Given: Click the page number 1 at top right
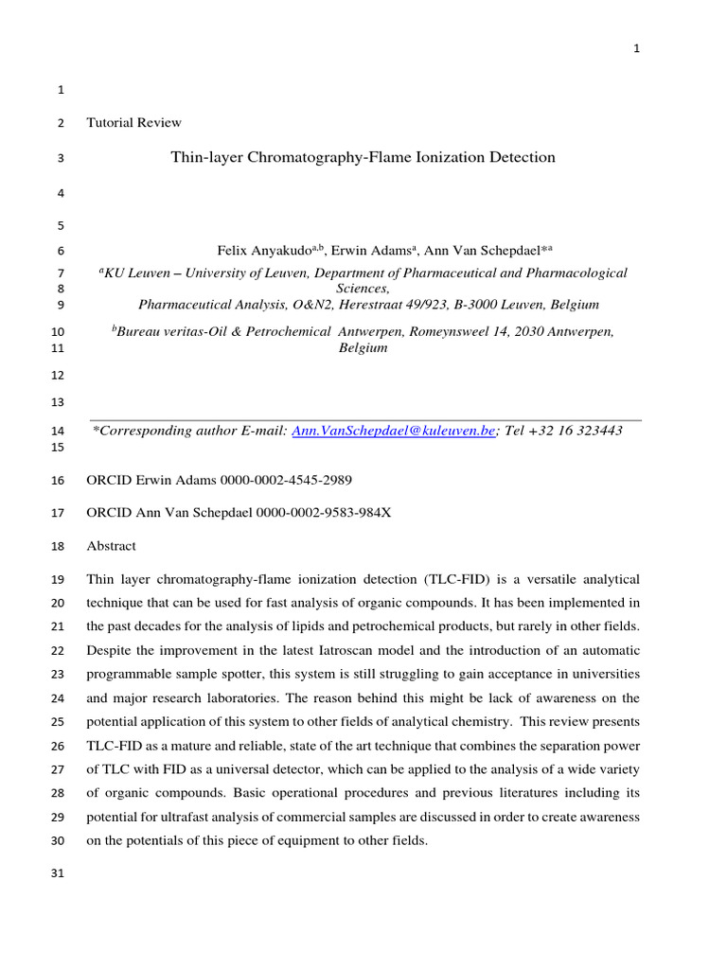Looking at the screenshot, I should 637,50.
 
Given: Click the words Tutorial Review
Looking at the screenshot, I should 133,122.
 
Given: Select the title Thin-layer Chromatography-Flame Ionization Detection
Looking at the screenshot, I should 363,157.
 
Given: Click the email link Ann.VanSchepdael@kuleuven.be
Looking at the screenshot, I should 393,431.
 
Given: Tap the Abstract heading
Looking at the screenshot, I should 111,546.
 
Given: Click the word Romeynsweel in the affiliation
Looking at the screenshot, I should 451,331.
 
